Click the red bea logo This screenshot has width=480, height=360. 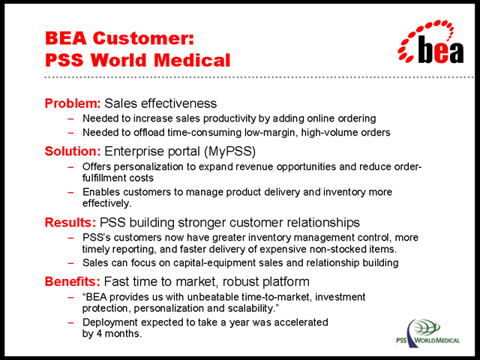pos(430,42)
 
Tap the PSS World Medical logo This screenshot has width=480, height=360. pos(428,333)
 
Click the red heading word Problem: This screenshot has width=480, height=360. pos(73,103)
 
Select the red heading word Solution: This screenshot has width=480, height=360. pos(73,151)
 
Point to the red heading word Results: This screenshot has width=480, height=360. pos(70,222)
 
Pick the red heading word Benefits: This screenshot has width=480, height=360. pos(73,281)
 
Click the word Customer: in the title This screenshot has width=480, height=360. pos(143,38)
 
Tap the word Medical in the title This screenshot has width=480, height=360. pos(192,60)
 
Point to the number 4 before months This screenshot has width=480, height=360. pos(99,333)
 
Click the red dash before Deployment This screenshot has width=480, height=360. pos(70,322)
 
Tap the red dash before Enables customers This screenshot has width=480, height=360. pos(70,192)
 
